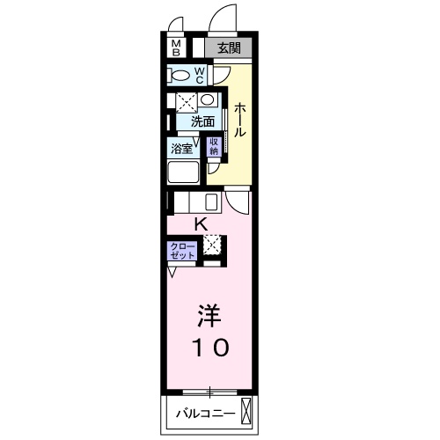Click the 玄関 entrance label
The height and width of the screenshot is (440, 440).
click(x=229, y=48)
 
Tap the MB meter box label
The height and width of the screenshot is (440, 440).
click(x=176, y=48)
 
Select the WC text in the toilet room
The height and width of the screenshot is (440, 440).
click(x=200, y=76)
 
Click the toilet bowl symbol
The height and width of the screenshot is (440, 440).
click(x=180, y=76)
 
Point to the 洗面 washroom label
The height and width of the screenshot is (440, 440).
click(x=202, y=121)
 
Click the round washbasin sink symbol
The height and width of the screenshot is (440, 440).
click(x=208, y=99)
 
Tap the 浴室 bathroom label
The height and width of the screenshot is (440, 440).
click(x=182, y=149)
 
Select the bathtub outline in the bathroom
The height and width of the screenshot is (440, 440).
click(x=183, y=172)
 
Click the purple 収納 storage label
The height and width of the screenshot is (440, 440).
click(x=214, y=146)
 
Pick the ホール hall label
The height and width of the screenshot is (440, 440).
click(x=239, y=120)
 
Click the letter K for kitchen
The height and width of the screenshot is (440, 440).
click(x=202, y=225)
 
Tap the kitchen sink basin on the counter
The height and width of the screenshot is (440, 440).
click(x=211, y=202)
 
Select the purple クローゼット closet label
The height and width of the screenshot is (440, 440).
click(x=182, y=251)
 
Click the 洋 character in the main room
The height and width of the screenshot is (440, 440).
click(x=209, y=316)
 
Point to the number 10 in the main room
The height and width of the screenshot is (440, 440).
click(x=210, y=348)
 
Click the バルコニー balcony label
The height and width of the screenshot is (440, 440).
click(x=206, y=414)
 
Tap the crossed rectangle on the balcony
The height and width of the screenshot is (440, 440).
click(x=246, y=411)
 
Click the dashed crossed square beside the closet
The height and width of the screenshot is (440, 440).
click(x=212, y=245)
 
